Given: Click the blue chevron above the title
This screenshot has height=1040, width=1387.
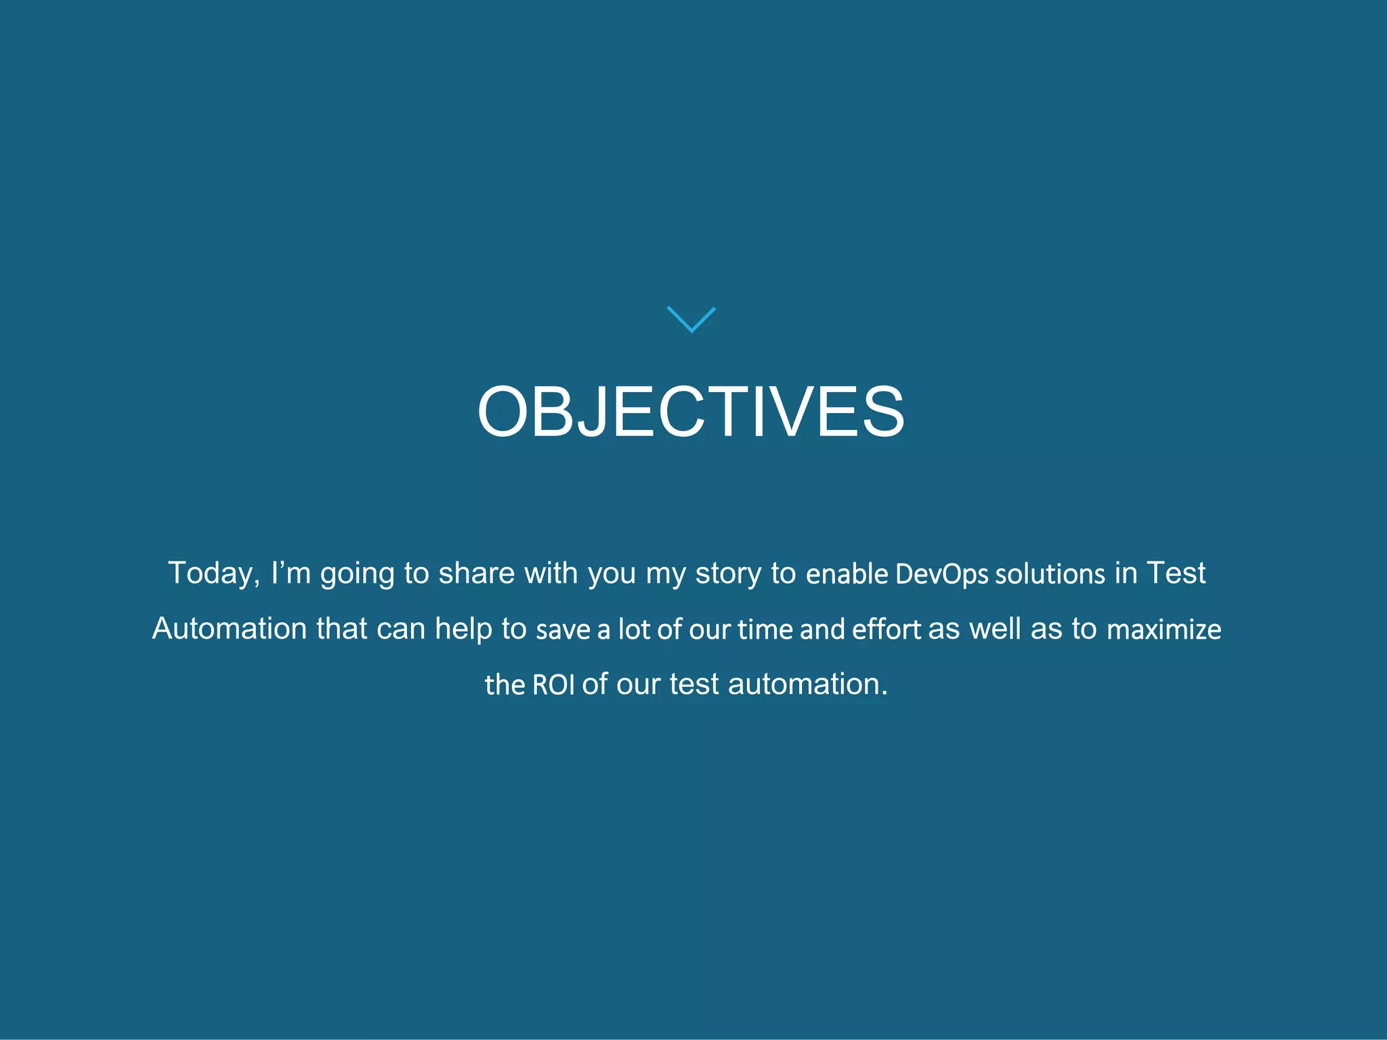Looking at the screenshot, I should (691, 319).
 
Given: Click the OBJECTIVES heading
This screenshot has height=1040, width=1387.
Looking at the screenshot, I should (691, 412).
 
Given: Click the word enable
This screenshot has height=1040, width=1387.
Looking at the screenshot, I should (847, 574).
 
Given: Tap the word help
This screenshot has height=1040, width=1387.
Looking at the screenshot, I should (463, 629).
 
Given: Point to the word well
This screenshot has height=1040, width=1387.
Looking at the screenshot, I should (995, 629).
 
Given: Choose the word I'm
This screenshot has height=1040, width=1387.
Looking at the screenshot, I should (290, 573).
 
